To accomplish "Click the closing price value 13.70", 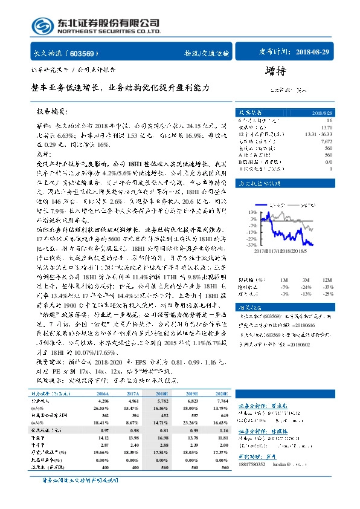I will pyautogui.click(x=327, y=127).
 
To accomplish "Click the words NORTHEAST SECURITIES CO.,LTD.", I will pyautogui.click(x=109, y=31).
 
